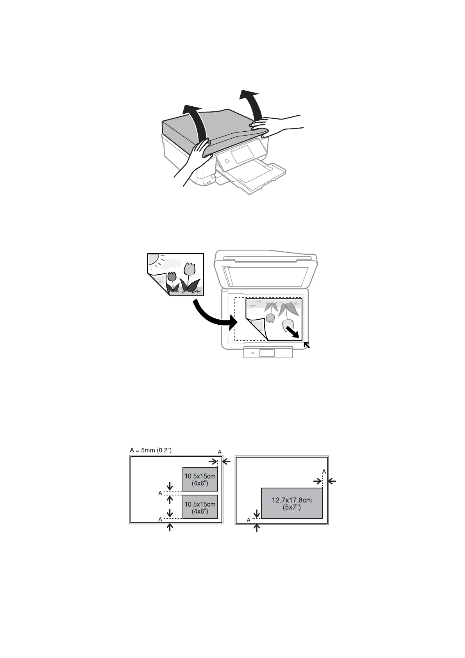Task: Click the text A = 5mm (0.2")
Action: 150,450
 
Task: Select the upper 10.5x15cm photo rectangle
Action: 200,479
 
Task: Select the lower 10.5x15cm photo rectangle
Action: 200,507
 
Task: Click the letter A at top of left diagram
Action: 220,452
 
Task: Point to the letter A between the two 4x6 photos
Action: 160,494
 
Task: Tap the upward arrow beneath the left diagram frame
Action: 170,527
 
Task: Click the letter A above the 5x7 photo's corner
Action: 324,472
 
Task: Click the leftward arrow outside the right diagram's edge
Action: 332,481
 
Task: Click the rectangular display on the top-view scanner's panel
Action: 267,353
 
